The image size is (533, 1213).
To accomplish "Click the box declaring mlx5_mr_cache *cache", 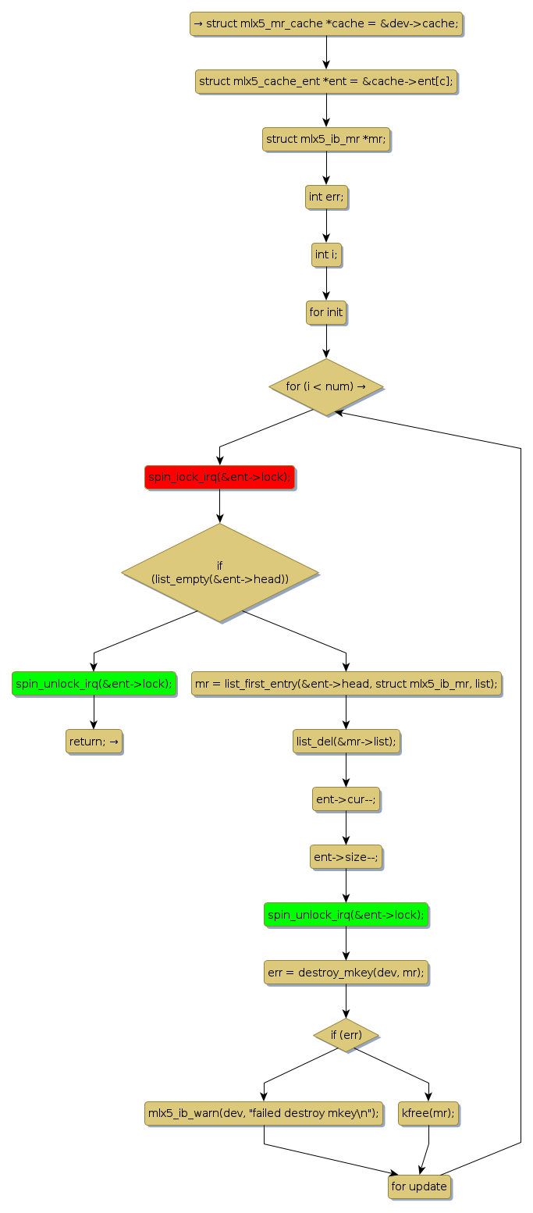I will tap(326, 23).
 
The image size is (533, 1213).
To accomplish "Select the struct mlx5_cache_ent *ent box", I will tap(326, 81).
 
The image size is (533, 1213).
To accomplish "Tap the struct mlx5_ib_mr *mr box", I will tap(326, 139).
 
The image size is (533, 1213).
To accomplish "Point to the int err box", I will tap(326, 197).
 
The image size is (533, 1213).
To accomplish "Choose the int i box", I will tap(326, 254).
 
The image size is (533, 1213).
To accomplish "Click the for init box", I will tap(326, 312).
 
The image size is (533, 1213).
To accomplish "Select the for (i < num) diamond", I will tap(326, 386).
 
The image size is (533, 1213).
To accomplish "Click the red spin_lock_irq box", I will tap(219, 477).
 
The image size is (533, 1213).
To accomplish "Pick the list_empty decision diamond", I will tap(219, 572).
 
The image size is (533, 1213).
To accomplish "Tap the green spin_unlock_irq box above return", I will tap(94, 683).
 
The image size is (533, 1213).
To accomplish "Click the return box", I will tap(94, 741).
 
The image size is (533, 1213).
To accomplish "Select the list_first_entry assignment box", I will tap(346, 683).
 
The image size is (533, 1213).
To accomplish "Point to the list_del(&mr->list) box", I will tap(346, 741).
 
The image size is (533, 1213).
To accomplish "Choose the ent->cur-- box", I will tap(346, 799).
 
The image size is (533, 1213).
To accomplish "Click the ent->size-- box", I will tap(346, 856).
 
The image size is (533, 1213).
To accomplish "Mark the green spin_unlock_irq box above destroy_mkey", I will tap(346, 914).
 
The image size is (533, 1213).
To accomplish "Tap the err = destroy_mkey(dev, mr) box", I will tap(346, 972).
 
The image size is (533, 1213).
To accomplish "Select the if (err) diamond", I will tap(346, 1035).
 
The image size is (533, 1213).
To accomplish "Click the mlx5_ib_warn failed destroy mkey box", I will tap(264, 1113).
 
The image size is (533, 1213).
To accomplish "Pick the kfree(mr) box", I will tap(428, 1113).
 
